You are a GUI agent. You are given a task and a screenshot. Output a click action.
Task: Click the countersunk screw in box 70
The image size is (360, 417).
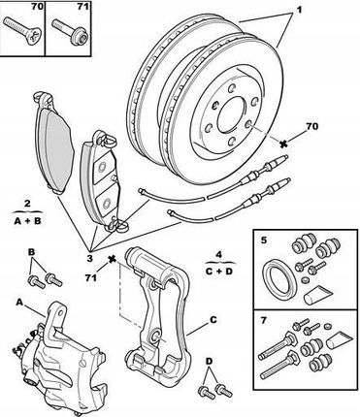click(x=22, y=31)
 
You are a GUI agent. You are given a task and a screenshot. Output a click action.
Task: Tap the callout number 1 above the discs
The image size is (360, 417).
click(x=299, y=10)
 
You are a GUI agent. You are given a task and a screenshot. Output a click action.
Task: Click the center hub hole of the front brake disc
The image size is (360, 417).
click(x=232, y=114)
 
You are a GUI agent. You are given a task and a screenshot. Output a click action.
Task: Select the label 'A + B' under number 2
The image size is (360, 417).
click(x=28, y=221)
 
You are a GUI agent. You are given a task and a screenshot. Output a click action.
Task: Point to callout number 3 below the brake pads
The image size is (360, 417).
click(x=89, y=258)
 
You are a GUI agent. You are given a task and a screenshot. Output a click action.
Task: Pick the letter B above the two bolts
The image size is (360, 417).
click(x=31, y=252)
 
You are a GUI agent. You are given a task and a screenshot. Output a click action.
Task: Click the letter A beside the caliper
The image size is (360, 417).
click(x=19, y=303)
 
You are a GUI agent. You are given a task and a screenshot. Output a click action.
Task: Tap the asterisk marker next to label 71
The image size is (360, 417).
click(x=112, y=259)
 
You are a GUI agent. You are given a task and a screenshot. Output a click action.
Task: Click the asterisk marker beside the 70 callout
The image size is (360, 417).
click(x=284, y=144)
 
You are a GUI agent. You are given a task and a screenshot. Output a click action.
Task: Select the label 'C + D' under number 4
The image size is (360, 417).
click(x=219, y=271)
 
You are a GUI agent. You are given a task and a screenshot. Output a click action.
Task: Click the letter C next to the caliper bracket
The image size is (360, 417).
click(x=213, y=320)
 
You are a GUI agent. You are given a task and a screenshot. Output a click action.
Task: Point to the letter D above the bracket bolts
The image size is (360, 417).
click(x=210, y=361)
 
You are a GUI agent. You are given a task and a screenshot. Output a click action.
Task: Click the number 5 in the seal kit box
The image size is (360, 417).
click(x=264, y=241)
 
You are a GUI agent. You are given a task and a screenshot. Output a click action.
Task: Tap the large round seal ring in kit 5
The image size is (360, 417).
click(x=278, y=279)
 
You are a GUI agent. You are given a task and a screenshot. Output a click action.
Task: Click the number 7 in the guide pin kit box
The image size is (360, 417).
click(x=264, y=320)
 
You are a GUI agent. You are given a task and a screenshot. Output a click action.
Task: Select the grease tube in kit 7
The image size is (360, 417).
click(x=339, y=339)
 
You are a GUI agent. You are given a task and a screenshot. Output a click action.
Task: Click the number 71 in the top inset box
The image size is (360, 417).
click(x=82, y=6)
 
